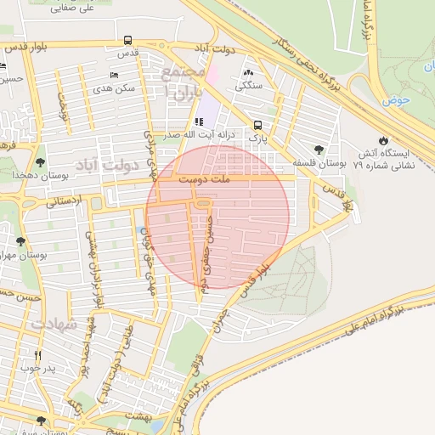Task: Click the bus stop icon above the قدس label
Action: coord(127,40)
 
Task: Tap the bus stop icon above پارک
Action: coord(257,124)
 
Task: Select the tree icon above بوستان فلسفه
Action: coord(319,149)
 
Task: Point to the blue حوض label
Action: coord(395,100)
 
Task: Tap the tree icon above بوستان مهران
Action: coord(20,241)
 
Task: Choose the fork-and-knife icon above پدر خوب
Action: coord(37,354)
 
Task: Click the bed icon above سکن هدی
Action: coord(116,74)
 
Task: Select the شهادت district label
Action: coord(53,324)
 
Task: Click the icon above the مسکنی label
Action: coord(248,71)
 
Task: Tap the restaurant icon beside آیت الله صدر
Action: coord(200,121)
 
